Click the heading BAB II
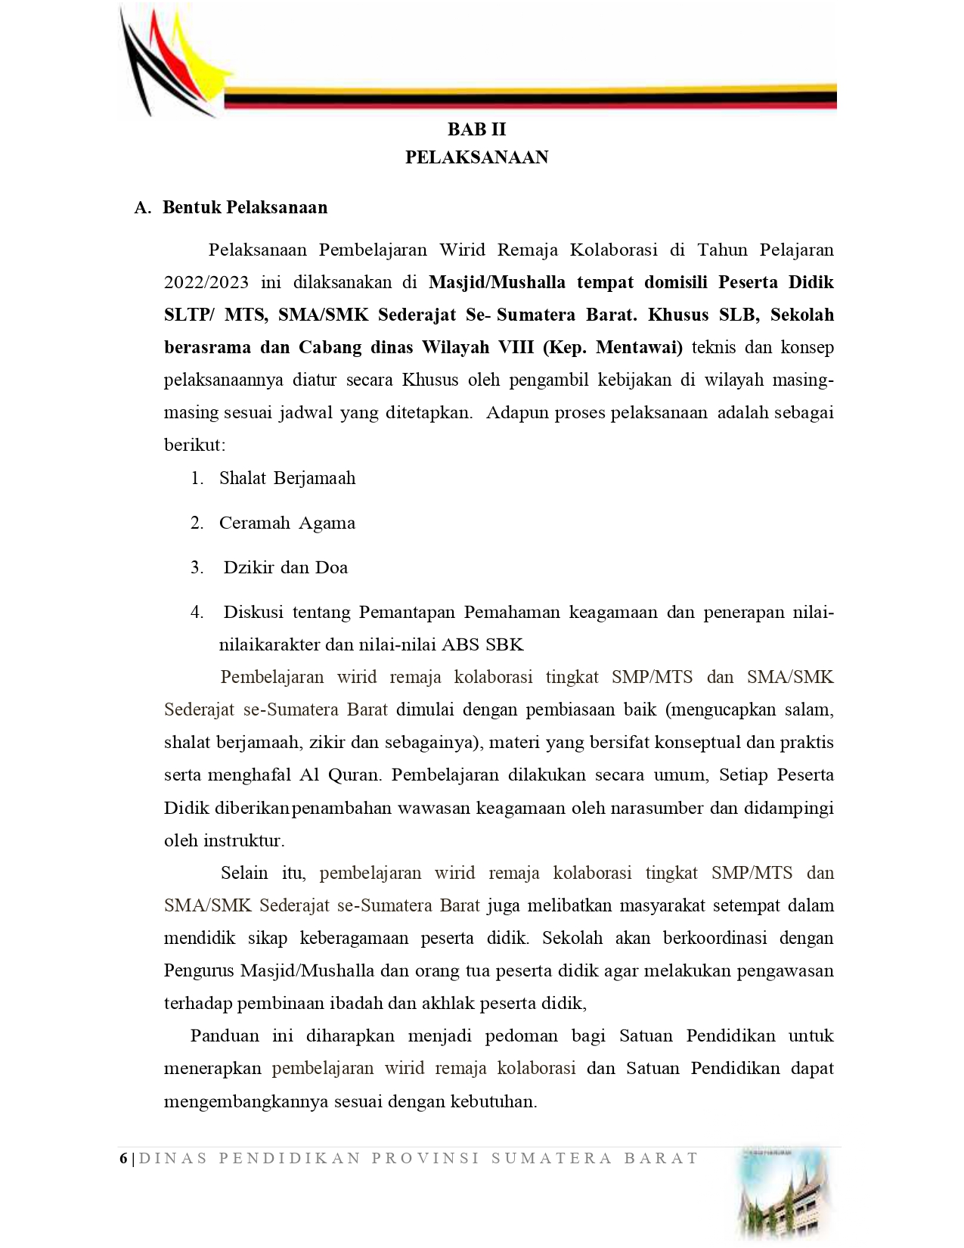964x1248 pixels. (x=476, y=129)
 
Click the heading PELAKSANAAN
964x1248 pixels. (x=476, y=157)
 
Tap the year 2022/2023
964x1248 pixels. (x=206, y=283)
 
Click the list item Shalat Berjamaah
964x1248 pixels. (x=287, y=479)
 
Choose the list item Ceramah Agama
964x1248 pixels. (x=287, y=523)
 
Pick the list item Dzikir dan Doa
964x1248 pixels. (x=285, y=568)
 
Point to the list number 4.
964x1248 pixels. (x=197, y=613)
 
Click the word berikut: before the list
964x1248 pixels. (x=194, y=445)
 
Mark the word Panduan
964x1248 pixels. (x=225, y=1036)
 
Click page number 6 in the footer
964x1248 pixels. (x=123, y=1159)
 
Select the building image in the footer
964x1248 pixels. (x=786, y=1195)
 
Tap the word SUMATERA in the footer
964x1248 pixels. (x=551, y=1159)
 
